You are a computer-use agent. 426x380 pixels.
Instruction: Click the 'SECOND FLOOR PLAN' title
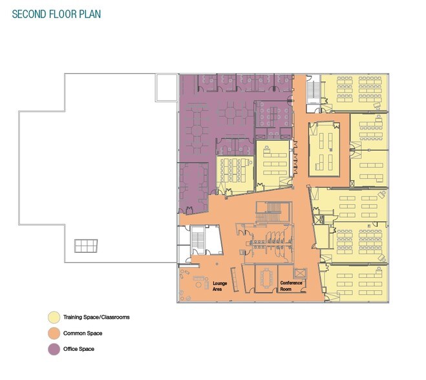click(56, 14)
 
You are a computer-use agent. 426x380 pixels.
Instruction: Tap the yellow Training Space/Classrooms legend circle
click(54, 317)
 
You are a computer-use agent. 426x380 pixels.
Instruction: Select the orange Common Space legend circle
click(54, 333)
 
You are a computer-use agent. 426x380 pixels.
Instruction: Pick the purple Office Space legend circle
click(54, 350)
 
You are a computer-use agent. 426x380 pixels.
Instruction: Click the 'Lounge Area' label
click(220, 286)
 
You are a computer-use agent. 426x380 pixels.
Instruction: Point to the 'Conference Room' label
click(291, 286)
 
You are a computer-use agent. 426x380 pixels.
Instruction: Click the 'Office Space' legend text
click(79, 349)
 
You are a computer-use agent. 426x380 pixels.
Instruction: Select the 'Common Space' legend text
click(83, 333)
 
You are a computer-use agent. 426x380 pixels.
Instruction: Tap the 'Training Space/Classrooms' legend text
click(96, 317)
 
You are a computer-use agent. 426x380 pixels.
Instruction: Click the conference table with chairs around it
click(266, 278)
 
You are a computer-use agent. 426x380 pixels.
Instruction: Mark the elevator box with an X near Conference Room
click(300, 273)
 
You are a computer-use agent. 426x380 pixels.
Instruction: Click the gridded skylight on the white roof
click(86, 246)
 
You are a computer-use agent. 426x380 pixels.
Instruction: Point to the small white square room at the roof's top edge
click(167, 88)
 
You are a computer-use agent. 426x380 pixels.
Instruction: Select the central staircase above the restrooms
click(273, 212)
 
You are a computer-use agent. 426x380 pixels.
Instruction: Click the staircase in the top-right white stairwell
click(314, 90)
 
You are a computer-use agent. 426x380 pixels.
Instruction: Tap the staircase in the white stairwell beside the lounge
click(198, 240)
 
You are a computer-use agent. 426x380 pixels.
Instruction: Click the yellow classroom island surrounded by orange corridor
click(324, 149)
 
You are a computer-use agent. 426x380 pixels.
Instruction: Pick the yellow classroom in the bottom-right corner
click(356, 283)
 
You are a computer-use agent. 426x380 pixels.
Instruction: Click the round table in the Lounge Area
click(199, 284)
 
